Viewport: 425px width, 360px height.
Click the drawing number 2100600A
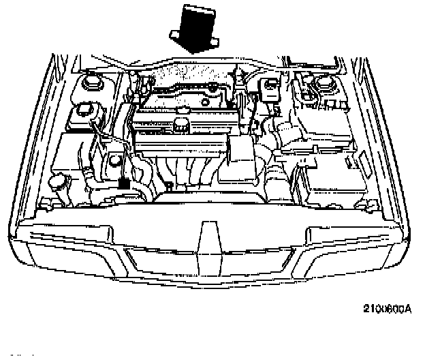tap(388, 307)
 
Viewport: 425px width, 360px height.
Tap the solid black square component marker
tap(124, 183)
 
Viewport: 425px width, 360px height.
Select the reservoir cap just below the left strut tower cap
tap(85, 109)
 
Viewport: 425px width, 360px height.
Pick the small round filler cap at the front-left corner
tap(59, 182)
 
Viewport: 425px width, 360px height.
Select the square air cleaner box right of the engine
tap(242, 149)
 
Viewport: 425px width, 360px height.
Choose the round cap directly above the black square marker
tap(114, 161)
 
